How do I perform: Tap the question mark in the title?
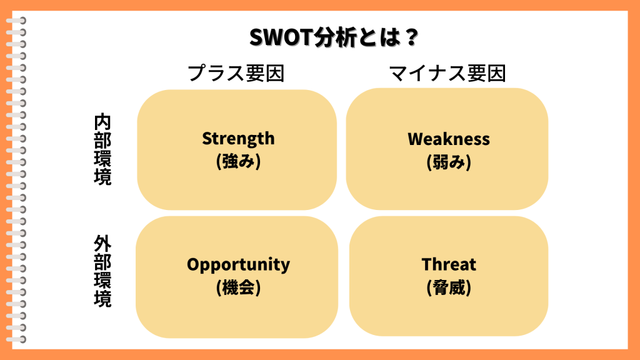point(410,37)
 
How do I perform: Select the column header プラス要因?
point(236,74)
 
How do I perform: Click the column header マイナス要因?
point(447,74)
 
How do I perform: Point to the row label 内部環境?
point(102,150)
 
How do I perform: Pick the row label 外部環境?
point(102,271)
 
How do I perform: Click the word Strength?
point(238,139)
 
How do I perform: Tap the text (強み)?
point(238,161)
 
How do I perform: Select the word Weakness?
point(449,139)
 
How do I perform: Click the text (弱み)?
point(449,162)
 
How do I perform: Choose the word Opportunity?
point(238,265)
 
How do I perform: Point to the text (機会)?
point(238,287)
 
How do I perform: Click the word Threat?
point(449,264)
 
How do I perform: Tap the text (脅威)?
point(449,287)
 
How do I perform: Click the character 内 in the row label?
point(102,122)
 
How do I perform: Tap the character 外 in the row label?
point(102,244)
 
